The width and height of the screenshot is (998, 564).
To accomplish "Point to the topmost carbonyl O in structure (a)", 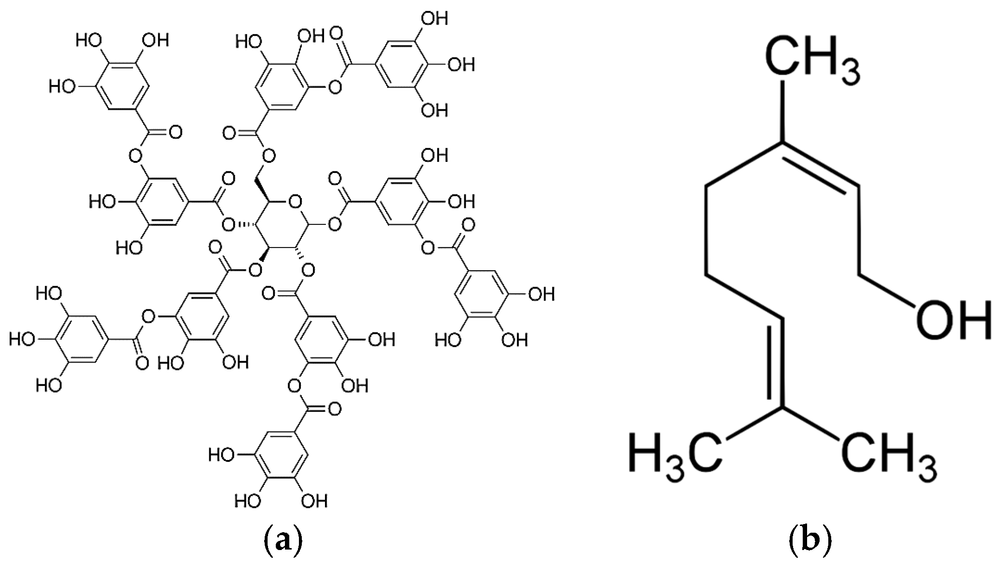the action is click(x=336, y=34).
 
